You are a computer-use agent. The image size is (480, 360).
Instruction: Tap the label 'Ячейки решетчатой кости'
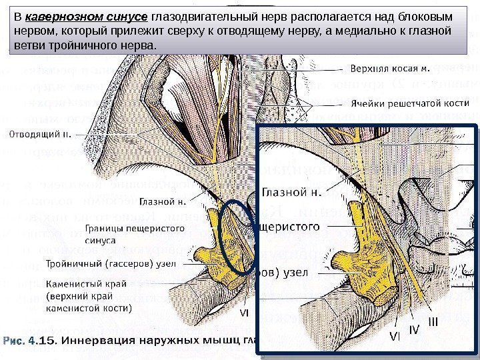click(408, 103)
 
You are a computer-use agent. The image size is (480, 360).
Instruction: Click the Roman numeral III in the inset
click(433, 322)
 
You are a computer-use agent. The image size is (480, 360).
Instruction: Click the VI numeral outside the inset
click(244, 311)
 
